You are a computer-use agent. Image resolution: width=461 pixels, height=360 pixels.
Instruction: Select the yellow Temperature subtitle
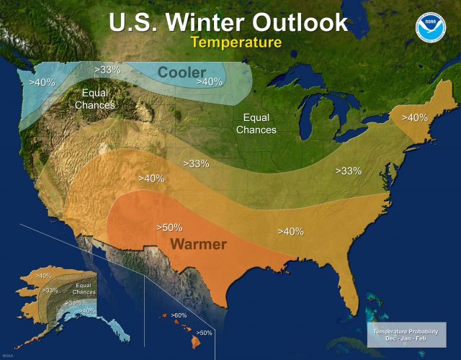[236, 42]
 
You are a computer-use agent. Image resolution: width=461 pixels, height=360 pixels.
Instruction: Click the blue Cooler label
[182, 72]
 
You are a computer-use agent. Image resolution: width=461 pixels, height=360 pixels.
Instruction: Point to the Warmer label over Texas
[198, 244]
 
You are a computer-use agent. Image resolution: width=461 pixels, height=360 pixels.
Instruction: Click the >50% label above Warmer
[169, 228]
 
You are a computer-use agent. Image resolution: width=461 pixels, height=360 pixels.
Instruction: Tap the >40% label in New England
[415, 117]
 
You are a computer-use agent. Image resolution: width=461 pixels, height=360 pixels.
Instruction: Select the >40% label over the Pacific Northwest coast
[42, 82]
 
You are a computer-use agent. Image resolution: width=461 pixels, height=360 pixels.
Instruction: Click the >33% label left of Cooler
[107, 70]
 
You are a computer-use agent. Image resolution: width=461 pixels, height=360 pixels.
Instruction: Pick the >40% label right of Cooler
[209, 82]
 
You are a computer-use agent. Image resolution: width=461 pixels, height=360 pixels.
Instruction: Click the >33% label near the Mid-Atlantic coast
[349, 171]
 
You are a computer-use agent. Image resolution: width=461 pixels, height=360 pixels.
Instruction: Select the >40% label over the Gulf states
[291, 231]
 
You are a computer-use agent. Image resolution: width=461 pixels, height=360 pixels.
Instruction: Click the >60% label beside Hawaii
[179, 315]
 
